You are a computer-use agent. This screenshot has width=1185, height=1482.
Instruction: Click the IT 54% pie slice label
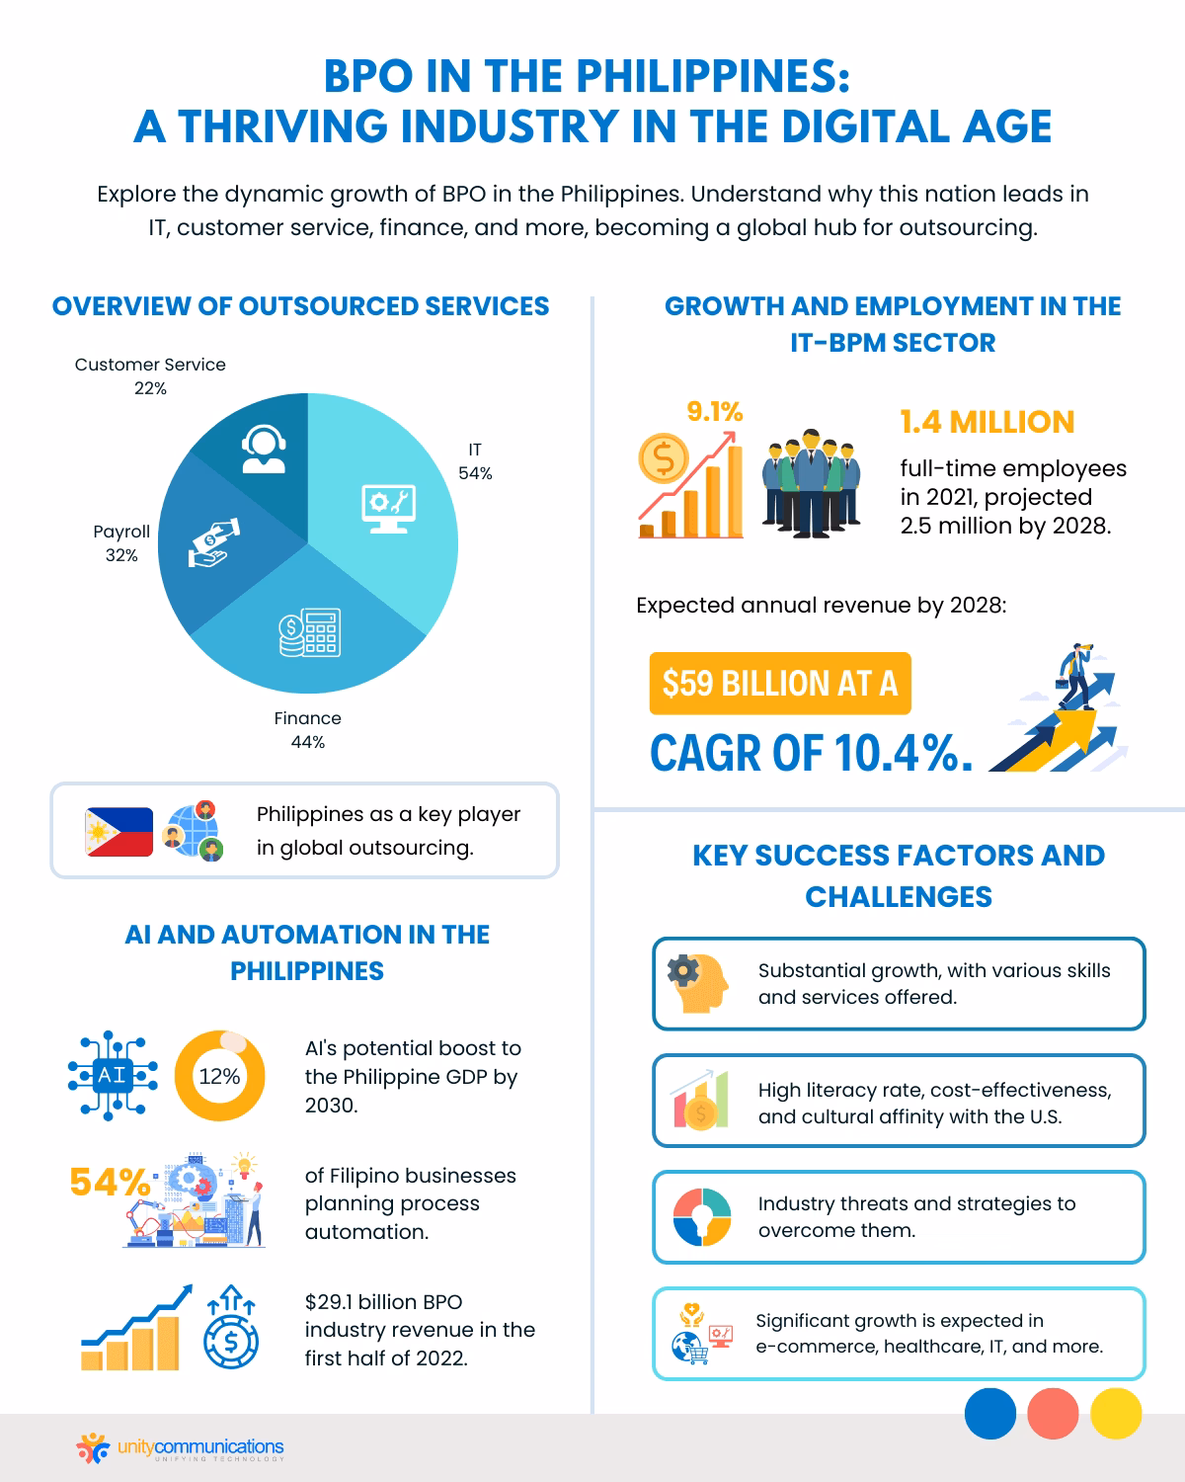tap(475, 461)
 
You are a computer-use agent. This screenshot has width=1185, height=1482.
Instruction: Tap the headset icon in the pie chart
tap(264, 451)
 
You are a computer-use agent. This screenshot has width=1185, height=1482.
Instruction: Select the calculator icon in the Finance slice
tap(309, 633)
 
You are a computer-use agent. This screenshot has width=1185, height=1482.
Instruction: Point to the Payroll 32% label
tap(121, 543)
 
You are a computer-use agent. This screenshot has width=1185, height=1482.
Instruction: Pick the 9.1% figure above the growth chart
tap(715, 412)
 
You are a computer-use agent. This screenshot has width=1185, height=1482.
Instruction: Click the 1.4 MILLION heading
tap(987, 422)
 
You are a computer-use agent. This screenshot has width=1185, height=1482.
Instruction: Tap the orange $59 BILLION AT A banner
tap(780, 683)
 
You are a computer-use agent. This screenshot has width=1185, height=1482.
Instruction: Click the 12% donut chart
tap(219, 1076)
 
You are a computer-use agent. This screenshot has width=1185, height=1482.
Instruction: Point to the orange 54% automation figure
tap(110, 1182)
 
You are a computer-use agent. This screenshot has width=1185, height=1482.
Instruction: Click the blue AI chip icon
tap(112, 1076)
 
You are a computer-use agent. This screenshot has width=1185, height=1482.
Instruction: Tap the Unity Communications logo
tap(181, 1449)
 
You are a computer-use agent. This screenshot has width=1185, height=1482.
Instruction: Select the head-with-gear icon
tap(698, 983)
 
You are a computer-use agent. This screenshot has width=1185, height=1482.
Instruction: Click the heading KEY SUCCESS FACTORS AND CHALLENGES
tap(898, 875)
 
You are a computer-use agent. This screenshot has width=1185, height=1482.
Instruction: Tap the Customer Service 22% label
tap(150, 375)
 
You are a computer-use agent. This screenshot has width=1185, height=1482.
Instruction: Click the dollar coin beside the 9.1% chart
tap(664, 458)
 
